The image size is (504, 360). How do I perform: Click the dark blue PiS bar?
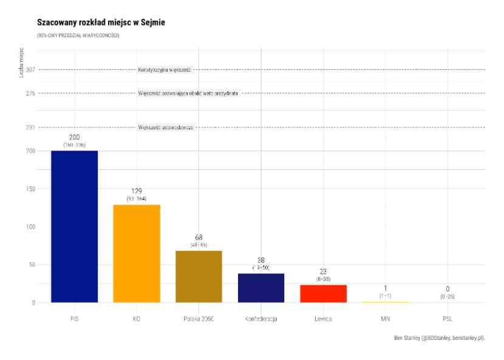[x=74, y=226]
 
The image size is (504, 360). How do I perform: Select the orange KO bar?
[x=137, y=253]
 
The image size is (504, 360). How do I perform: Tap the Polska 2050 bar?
[x=199, y=276]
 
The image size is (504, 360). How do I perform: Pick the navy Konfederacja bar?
[x=261, y=288]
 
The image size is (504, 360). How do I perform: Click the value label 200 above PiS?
[x=74, y=138]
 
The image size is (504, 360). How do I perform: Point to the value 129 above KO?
[x=137, y=191]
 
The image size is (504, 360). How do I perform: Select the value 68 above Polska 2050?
[x=199, y=237]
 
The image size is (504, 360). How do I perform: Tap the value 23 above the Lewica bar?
[x=323, y=272]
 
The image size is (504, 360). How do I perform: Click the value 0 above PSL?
[x=447, y=290]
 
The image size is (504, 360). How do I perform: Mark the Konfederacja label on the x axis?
[x=261, y=318]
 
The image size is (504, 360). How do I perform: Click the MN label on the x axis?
[x=385, y=318]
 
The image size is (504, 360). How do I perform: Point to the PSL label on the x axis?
[x=447, y=318]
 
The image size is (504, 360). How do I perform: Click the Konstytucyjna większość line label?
[x=165, y=70]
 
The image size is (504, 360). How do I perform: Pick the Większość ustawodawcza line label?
[x=166, y=127]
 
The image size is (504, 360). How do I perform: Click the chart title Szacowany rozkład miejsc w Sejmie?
[x=101, y=23]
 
